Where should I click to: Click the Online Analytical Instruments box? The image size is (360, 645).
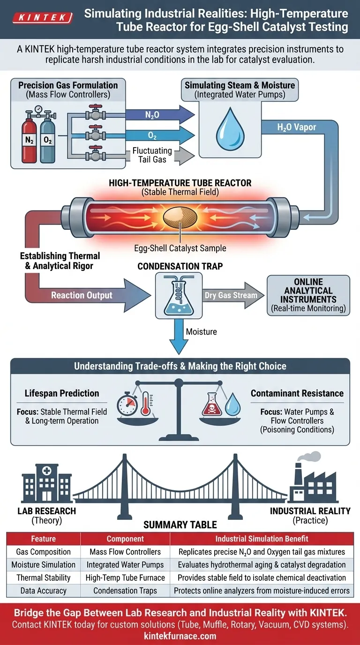(308, 295)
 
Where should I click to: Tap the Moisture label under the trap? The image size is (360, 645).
(202, 332)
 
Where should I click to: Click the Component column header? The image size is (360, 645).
(125, 539)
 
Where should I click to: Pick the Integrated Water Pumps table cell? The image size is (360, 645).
(125, 565)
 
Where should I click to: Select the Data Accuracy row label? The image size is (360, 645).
(43, 591)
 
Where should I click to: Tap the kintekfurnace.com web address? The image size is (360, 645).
(180, 636)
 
